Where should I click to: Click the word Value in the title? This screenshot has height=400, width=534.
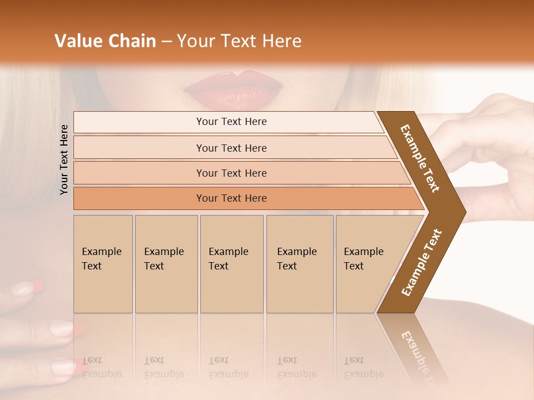click(x=78, y=41)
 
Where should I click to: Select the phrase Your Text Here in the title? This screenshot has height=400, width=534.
click(x=239, y=41)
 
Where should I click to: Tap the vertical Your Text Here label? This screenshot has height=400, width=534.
click(x=64, y=159)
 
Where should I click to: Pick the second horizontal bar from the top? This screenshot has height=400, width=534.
click(x=231, y=148)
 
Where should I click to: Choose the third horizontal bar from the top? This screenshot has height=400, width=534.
click(x=231, y=173)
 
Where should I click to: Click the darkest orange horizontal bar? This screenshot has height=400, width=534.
click(x=231, y=198)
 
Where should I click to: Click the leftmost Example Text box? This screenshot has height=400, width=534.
click(x=103, y=264)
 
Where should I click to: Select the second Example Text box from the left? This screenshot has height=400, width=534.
click(x=166, y=264)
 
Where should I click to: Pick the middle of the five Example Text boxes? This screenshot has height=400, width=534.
click(x=231, y=264)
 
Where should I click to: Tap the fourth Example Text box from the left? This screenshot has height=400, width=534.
click(x=300, y=264)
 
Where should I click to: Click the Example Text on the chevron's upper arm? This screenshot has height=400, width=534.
click(x=420, y=158)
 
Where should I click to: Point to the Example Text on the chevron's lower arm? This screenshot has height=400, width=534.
click(x=422, y=263)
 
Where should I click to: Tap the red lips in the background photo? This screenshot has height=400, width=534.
click(x=234, y=89)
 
